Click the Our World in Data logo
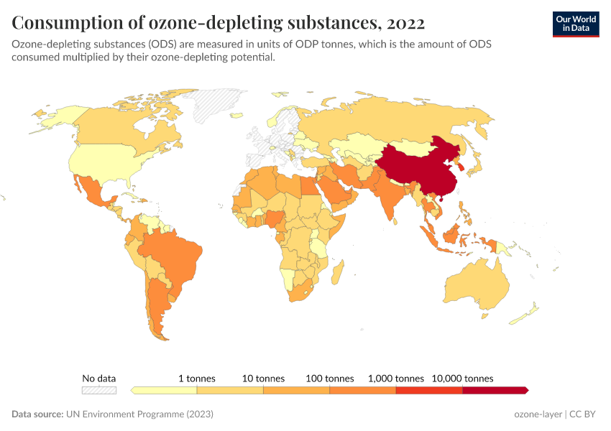pyautogui.click(x=575, y=24)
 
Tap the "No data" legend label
pyautogui.click(x=98, y=378)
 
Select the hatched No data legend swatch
pyautogui.click(x=98, y=390)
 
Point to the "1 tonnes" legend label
pyautogui.click(x=197, y=378)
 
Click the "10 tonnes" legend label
pyautogui.click(x=263, y=378)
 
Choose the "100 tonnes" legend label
pyautogui.click(x=329, y=378)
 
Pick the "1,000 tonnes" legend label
pyautogui.click(x=395, y=378)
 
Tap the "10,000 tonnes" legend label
pyautogui.click(x=462, y=378)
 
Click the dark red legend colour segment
pyautogui.click(x=495, y=390)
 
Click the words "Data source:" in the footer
pyautogui.click(x=37, y=414)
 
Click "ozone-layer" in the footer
pyautogui.click(x=538, y=414)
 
